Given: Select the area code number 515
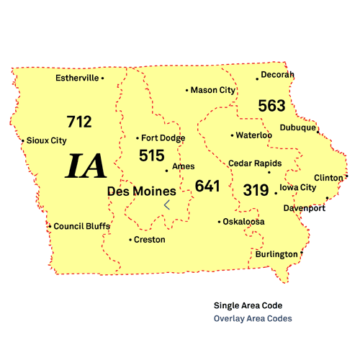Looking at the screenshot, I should pos(152,155).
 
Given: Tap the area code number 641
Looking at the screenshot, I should pos(207,186).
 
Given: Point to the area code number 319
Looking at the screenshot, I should pos(255,190).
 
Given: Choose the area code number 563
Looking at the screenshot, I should pos(271,106).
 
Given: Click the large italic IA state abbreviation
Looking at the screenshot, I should pos(86,166).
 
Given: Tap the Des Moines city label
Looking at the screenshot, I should pos(141,192).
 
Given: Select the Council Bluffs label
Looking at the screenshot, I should pos(82,226).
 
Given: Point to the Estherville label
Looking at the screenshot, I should pos(77,78).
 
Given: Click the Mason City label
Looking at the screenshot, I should pos(213,90).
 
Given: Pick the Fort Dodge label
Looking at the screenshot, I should pos(163,138).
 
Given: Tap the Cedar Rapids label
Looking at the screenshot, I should pos(254,163).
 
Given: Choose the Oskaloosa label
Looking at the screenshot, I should pos(243,221).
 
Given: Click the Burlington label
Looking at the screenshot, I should pos(276,254).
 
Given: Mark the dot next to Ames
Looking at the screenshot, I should pos(167,171).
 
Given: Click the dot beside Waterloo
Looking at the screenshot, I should pos(232,135).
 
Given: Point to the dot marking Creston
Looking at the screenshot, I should pos(130,240).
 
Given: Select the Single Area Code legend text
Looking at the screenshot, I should pos(247,305).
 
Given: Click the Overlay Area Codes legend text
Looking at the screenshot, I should pos(253,318).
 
